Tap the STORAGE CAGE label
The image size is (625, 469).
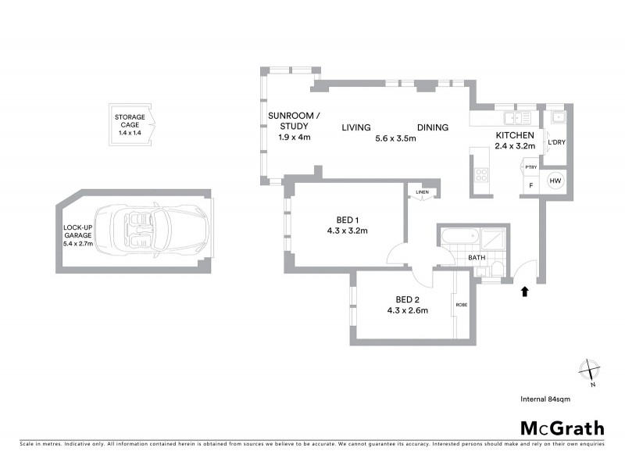[x=130, y=122]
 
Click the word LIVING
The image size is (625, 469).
[x=355, y=127]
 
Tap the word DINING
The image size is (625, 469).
[x=432, y=127]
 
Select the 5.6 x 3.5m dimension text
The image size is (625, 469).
[x=395, y=138]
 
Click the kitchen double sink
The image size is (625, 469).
[x=517, y=118]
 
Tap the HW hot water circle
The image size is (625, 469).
[x=555, y=181]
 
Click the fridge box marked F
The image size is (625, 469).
[x=531, y=185]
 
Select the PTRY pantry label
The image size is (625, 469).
[x=530, y=166]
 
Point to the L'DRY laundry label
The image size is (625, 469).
[x=556, y=143]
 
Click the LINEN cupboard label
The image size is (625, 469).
[x=423, y=192]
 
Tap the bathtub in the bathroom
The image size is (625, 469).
[x=459, y=235]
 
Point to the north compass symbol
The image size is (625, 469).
[x=588, y=370]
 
